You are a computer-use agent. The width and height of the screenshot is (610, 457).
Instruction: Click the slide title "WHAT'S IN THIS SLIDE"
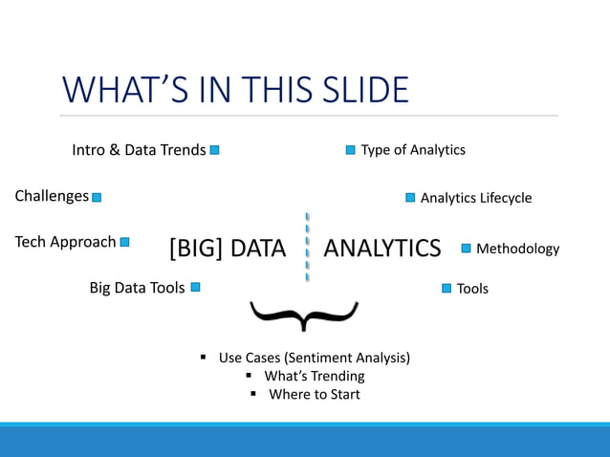coord(235,90)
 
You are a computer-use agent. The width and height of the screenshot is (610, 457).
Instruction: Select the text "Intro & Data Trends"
coord(139,150)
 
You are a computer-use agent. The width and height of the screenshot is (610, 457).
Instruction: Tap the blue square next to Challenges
coord(97,197)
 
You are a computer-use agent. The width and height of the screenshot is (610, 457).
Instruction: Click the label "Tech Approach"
coord(65,242)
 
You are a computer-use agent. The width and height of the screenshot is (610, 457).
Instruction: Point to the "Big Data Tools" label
coord(137,287)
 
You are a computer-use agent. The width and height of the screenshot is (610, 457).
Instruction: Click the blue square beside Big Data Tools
coord(195,287)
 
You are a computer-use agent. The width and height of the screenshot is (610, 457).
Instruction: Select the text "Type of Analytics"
coord(412,150)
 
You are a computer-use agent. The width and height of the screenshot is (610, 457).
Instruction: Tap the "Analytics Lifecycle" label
coord(475,198)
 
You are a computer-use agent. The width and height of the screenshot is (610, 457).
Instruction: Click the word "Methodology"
coord(517,249)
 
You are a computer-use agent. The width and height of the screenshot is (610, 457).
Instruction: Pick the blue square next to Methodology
coord(467,249)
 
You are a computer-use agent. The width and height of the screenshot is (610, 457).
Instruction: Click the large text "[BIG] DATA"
coord(228,249)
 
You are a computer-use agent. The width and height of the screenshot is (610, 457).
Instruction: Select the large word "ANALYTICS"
coord(382,249)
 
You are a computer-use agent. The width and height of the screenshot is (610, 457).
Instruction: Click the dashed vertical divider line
coord(307,247)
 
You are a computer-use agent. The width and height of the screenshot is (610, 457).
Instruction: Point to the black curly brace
coord(304,314)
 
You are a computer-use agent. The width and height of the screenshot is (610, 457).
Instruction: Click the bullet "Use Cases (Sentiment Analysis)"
coord(314,358)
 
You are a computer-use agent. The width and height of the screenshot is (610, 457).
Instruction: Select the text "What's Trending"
coord(314,376)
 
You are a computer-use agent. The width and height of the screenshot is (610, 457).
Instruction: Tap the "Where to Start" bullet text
coord(314,394)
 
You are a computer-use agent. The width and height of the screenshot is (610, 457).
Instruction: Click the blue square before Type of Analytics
coord(350,150)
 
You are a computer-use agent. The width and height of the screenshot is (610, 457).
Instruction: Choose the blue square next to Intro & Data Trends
coord(215,150)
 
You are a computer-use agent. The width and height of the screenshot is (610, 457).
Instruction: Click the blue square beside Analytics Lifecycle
coord(410,198)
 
